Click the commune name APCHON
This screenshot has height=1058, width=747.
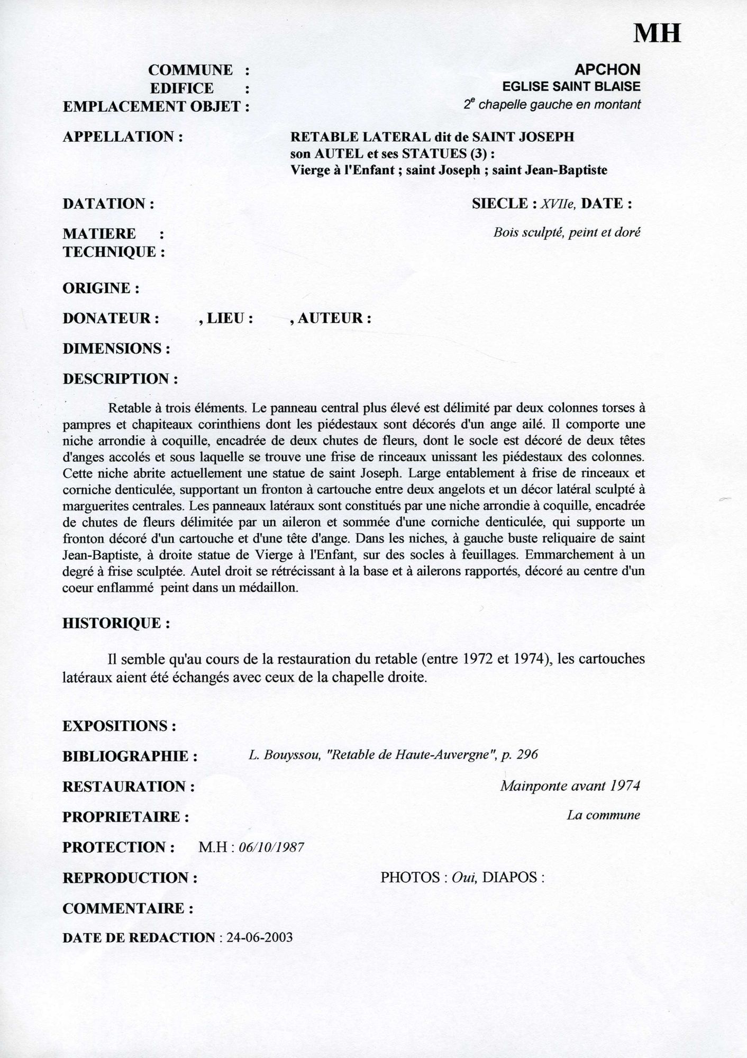pyautogui.click(x=607, y=69)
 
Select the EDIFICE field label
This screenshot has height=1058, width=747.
pyautogui.click(x=181, y=88)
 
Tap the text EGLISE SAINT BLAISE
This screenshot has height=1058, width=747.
pyautogui.click(x=571, y=86)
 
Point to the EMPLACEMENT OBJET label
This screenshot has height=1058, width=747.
pyautogui.click(x=156, y=106)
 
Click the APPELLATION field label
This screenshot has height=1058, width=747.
pyautogui.click(x=123, y=136)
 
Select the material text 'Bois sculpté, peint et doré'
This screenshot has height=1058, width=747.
pyautogui.click(x=567, y=232)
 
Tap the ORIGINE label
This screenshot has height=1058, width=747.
pyautogui.click(x=101, y=288)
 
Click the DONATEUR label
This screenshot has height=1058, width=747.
pyautogui.click(x=111, y=318)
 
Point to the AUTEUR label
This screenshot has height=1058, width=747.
pyautogui.click(x=334, y=318)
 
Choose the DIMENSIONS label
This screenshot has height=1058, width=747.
pyautogui.click(x=116, y=349)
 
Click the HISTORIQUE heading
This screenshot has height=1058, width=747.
pyautogui.click(x=116, y=623)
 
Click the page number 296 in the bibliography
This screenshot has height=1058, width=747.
pyautogui.click(x=527, y=754)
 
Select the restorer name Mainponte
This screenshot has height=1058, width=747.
pyautogui.click(x=534, y=786)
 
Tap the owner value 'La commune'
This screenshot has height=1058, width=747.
pyautogui.click(x=603, y=815)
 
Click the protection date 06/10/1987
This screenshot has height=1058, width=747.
pyautogui.click(x=271, y=847)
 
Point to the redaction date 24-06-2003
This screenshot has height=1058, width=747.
pyautogui.click(x=259, y=937)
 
